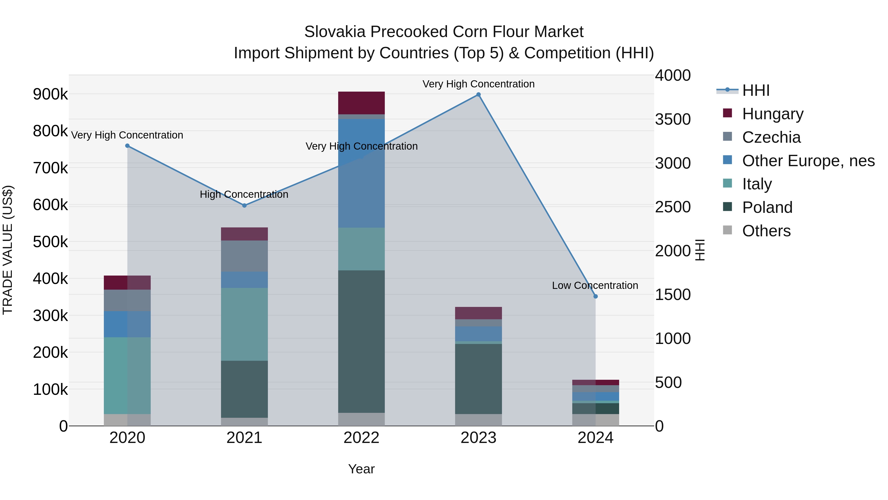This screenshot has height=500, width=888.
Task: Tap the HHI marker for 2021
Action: pos(244,205)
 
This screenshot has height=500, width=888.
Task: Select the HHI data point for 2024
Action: pos(595,296)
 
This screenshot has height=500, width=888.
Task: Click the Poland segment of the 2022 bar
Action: pos(361,342)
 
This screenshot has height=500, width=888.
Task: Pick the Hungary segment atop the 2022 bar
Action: pos(361,103)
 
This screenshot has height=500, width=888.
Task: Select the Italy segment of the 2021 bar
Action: pos(244,324)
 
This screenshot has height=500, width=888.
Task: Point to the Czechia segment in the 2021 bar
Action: pos(244,256)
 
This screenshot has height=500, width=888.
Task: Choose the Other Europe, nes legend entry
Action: pos(808,161)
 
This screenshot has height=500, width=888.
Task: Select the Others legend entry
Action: pos(766,231)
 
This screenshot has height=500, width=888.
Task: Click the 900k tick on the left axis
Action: pos(50,94)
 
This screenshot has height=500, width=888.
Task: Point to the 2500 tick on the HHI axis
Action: pos(673,207)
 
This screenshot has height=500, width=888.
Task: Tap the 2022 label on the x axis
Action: pos(361,438)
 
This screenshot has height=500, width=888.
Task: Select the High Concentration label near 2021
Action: pos(244,195)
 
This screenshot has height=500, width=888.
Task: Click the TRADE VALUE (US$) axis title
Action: pos(8,250)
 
